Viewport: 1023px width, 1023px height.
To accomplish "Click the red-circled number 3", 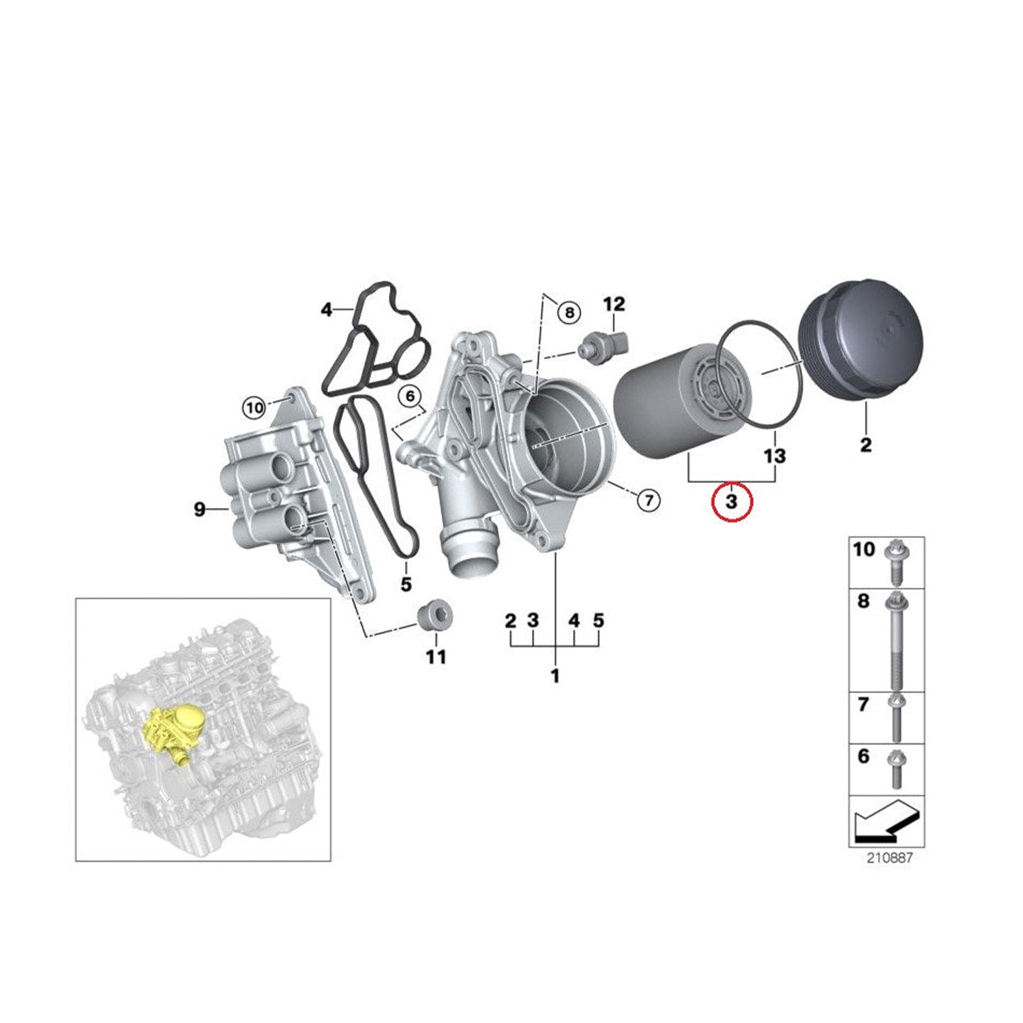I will (731, 502).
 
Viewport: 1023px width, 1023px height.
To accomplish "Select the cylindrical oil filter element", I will (672, 402).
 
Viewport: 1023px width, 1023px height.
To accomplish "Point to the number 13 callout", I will (775, 455).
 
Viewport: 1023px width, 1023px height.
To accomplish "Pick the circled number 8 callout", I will (568, 313).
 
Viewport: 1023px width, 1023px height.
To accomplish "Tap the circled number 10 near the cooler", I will (254, 408).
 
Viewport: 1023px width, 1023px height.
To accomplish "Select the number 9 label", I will (199, 509).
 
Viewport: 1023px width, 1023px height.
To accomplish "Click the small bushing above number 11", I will (436, 617).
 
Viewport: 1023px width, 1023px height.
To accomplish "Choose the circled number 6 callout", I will (410, 396).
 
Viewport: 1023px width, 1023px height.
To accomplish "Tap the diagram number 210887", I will (889, 858).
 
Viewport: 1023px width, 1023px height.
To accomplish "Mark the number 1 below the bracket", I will (555, 676).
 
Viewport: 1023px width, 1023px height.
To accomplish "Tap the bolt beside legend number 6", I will (895, 768).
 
